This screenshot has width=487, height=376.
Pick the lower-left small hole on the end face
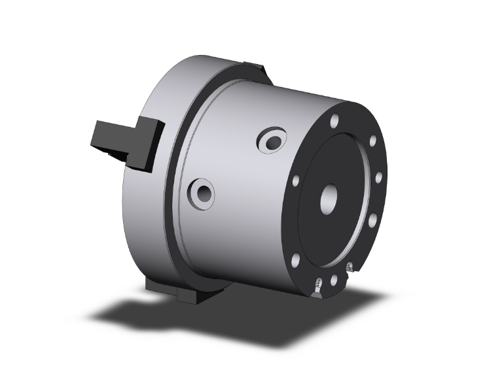tap(296, 261)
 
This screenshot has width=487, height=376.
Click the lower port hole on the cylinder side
tap(202, 192)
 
